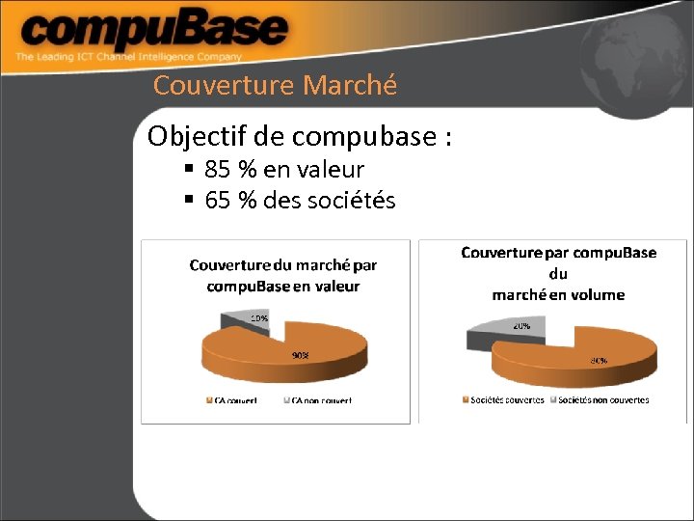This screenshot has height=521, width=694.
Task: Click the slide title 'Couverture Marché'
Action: pos(275,85)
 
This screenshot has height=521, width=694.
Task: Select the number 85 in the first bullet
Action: pos(218,170)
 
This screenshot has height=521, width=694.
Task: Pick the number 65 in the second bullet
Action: pos(218,201)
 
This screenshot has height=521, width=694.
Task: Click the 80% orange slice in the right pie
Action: pos(578,362)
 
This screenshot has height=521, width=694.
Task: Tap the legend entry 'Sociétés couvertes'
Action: pos(504,399)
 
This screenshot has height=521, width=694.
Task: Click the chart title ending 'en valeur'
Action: pos(282,275)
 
